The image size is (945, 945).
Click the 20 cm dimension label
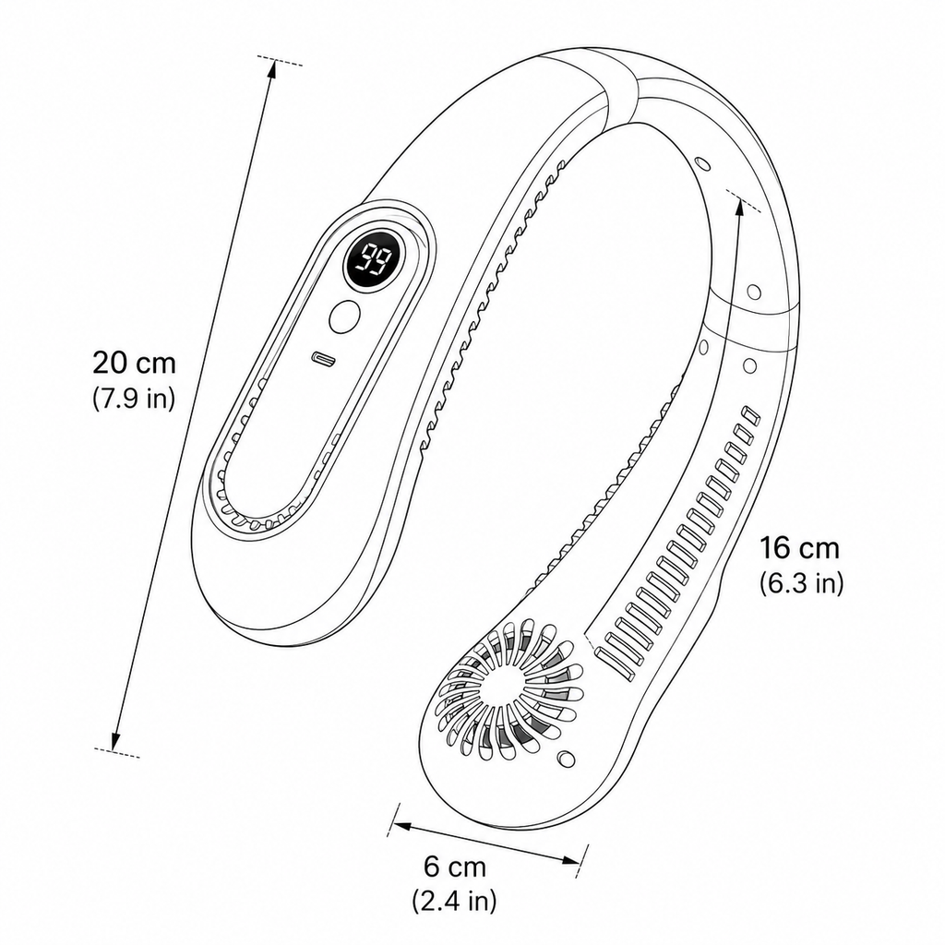click(134, 363)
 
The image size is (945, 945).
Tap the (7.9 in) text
click(134, 398)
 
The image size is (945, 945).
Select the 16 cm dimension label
click(799, 548)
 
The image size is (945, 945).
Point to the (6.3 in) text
click(801, 583)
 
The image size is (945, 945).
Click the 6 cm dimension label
click(455, 867)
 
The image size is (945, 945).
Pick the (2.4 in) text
click(454, 901)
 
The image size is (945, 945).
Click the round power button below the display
click(345, 316)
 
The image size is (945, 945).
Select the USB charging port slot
click(324, 359)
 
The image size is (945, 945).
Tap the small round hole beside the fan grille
click(566, 758)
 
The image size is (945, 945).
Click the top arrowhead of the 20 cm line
click(272, 68)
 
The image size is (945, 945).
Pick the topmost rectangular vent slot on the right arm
click(751, 415)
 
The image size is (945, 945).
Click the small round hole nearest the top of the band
click(701, 164)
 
